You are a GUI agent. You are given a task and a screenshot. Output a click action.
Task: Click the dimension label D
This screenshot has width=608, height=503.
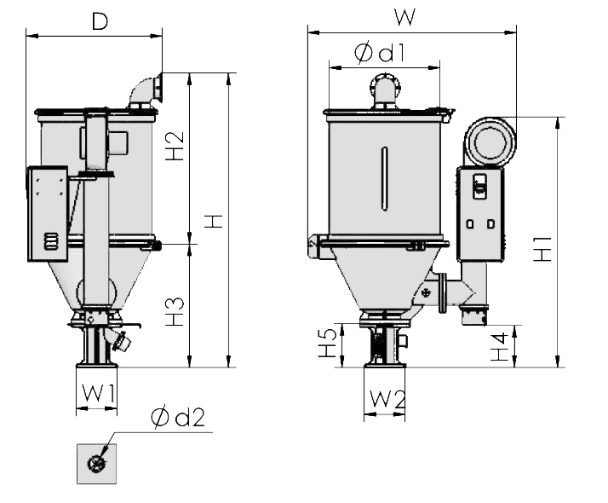pyautogui.click(x=100, y=21)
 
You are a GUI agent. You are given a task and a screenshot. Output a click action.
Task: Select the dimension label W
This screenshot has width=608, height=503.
pyautogui.click(x=405, y=16)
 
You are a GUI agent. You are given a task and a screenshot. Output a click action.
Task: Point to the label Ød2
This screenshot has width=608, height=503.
pyautogui.click(x=178, y=418)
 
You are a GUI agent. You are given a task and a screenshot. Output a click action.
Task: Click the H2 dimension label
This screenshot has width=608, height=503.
pyautogui.click(x=174, y=146)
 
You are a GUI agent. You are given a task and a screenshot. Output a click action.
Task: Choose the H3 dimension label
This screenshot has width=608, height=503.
pyautogui.click(x=174, y=311)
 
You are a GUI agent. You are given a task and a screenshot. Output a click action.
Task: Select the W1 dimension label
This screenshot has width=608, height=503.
pyautogui.click(x=99, y=394)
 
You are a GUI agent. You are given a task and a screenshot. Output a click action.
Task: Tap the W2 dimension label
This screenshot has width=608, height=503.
pyautogui.click(x=387, y=398)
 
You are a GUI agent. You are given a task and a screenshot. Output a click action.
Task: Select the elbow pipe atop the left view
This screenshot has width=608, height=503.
pyautogui.click(x=145, y=89)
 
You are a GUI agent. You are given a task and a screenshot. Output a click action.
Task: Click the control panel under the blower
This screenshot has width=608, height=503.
pyautogui.click(x=481, y=213)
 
